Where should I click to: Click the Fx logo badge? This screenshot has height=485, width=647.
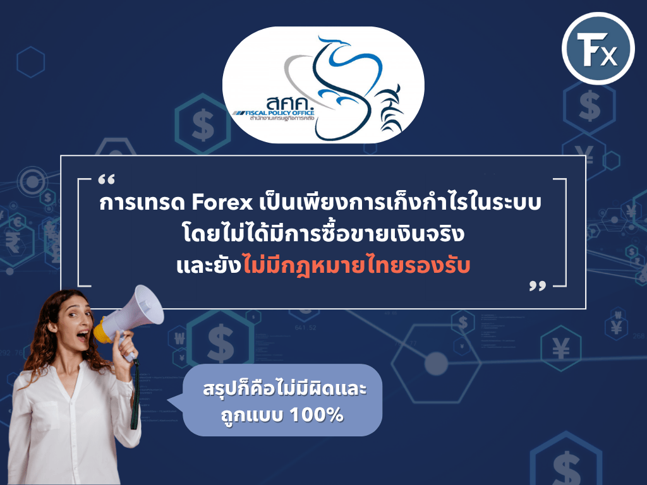[597, 48]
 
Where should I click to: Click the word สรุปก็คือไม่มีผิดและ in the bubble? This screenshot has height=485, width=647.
[284, 390]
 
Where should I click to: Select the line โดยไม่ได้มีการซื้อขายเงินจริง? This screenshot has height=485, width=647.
[323, 236]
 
